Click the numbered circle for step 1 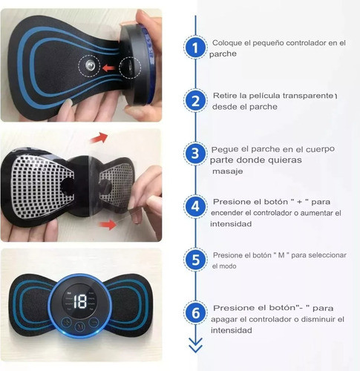(x=194, y=48)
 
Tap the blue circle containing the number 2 (x=194, y=101)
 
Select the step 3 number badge (x=194, y=154)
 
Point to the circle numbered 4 (x=194, y=206)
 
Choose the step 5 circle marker (x=194, y=260)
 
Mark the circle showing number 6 (x=194, y=313)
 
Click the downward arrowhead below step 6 (x=194, y=345)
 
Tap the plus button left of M (x=66, y=324)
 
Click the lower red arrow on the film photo (x=107, y=223)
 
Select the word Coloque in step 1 (x=226, y=44)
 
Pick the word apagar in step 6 (x=227, y=318)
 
